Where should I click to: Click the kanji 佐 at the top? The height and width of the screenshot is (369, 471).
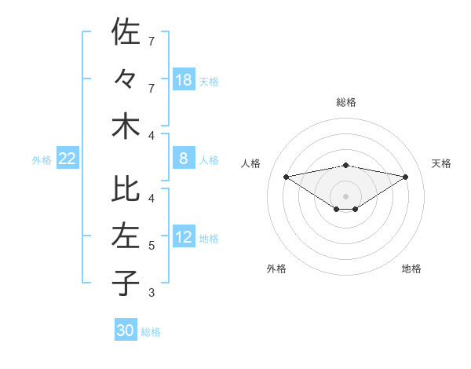[x=126, y=32]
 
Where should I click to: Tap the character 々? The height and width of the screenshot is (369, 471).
[x=126, y=79]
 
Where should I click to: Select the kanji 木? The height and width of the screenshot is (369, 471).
[x=126, y=126]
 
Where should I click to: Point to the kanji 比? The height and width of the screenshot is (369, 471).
[x=126, y=189]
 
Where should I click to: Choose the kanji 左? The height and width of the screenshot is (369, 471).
[x=126, y=236]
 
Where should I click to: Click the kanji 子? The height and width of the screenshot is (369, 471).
[x=126, y=283]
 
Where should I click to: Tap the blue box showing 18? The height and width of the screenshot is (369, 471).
[x=184, y=79]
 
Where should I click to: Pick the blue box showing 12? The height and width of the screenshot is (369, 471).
[x=184, y=238]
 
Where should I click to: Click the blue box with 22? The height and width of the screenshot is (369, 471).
[x=68, y=159]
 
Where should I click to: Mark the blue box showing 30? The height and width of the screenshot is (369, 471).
[x=126, y=331]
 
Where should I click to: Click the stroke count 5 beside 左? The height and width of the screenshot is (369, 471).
[x=152, y=246]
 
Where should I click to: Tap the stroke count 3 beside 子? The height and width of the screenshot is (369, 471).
[x=152, y=293]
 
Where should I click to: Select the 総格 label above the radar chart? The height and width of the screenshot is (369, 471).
[x=345, y=102]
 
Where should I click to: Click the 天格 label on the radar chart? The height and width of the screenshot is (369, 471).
[x=441, y=163]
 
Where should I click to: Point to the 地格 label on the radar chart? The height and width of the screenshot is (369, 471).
[x=411, y=269]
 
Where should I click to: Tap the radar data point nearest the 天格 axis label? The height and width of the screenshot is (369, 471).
[x=406, y=176]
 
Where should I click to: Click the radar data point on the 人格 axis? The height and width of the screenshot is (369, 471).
[x=286, y=176]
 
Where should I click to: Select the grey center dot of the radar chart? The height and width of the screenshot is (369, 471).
[x=345, y=195]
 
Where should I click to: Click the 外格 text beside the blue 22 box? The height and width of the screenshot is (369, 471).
[x=42, y=160]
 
